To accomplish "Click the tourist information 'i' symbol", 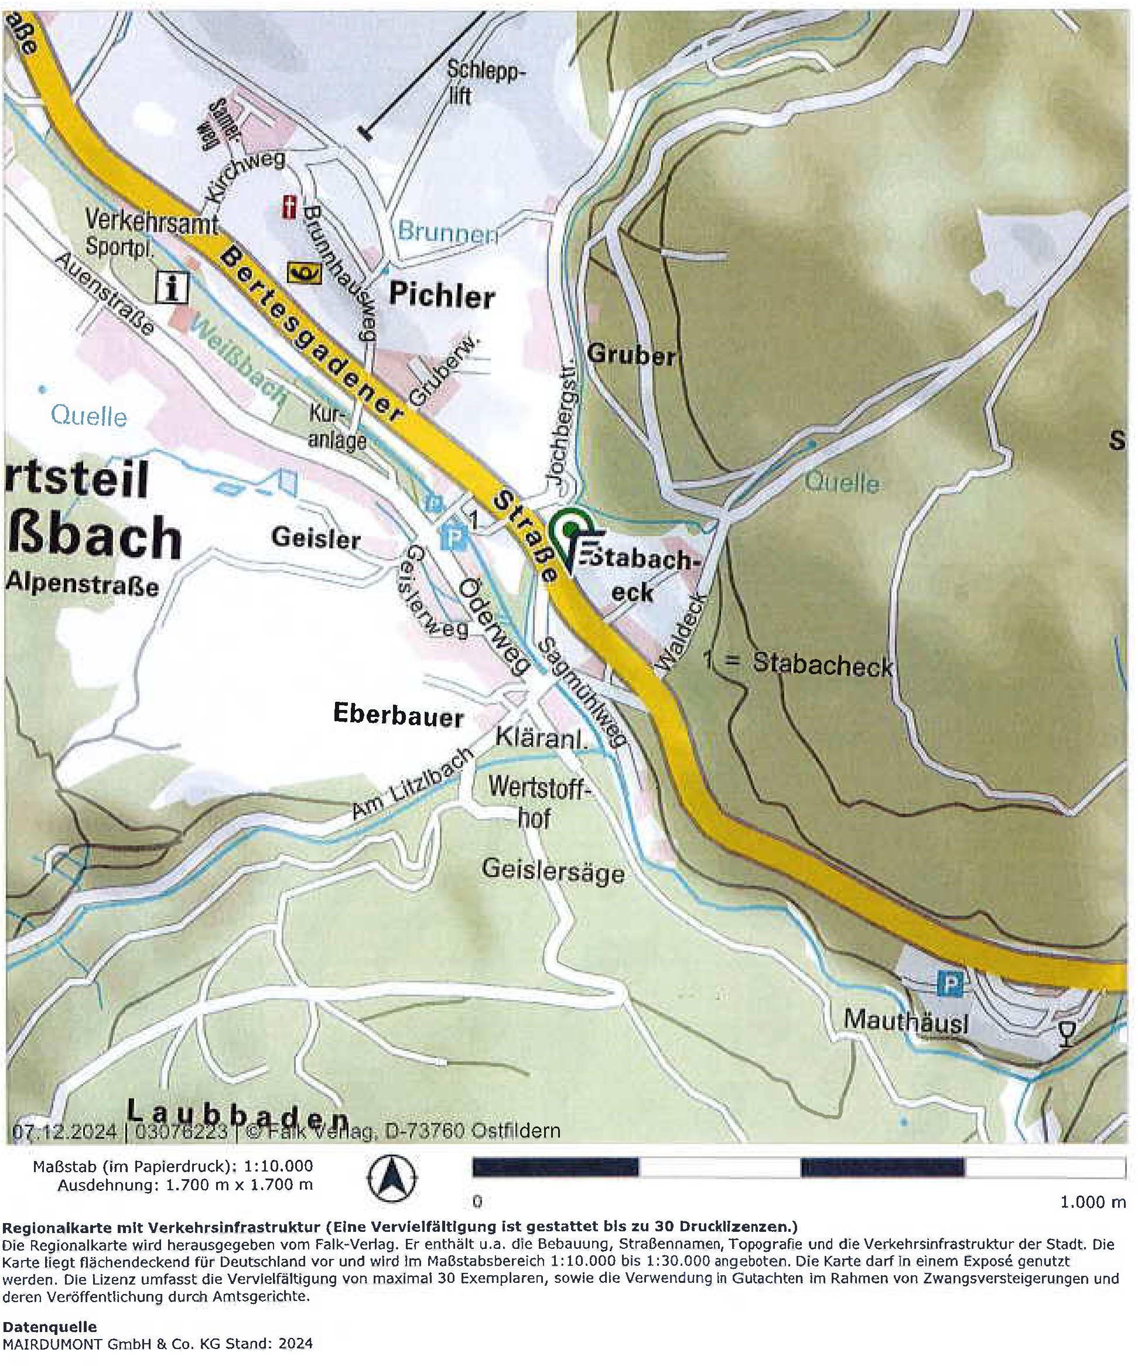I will (x=172, y=287).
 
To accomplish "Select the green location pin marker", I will (x=570, y=530).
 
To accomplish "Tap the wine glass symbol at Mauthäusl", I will (x=1066, y=1032).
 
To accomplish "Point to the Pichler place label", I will (x=442, y=296).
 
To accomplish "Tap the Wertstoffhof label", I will (x=537, y=803).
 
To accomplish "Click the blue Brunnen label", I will (x=447, y=232).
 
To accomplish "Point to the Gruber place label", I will (x=631, y=356).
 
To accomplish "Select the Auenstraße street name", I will (x=105, y=294).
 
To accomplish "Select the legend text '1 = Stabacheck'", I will (x=798, y=664).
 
